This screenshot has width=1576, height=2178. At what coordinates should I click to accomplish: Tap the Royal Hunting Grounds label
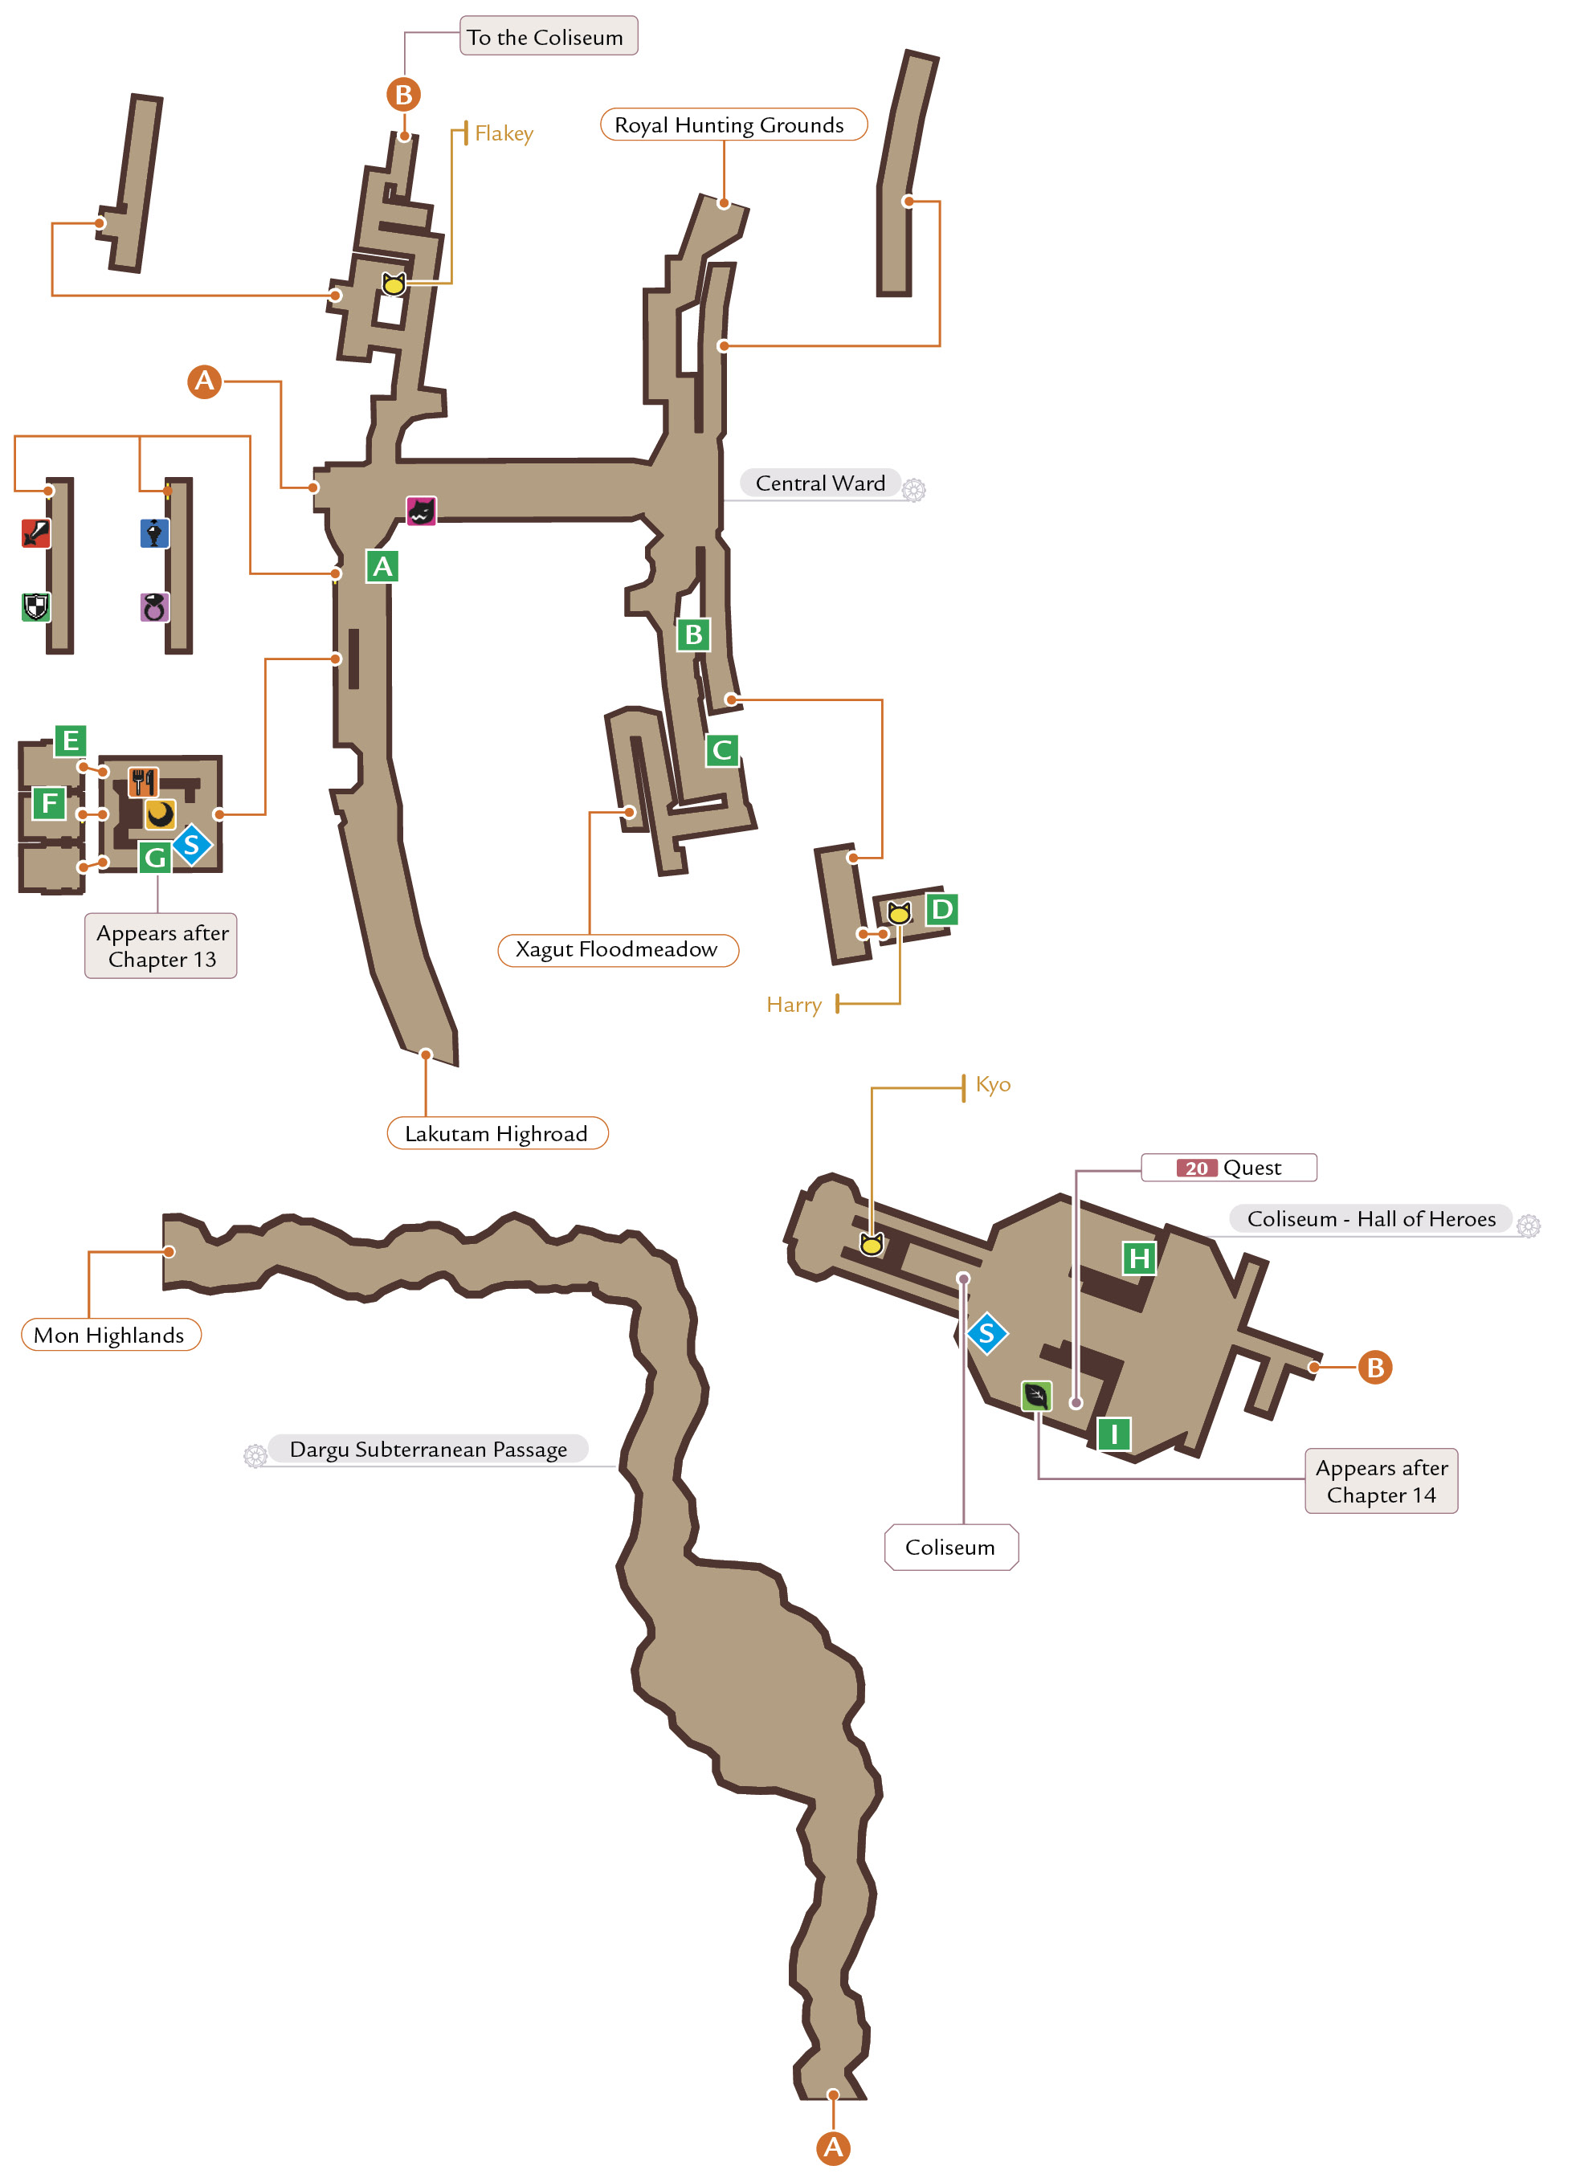[733, 124]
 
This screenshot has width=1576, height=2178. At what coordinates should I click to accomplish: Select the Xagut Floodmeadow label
[619, 951]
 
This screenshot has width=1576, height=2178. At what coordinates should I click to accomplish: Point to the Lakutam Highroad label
[497, 1134]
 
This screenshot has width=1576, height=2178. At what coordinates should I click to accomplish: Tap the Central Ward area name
[820, 484]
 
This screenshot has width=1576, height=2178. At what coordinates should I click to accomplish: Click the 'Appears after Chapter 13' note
[161, 947]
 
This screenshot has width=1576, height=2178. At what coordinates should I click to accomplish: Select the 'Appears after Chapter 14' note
[1382, 1482]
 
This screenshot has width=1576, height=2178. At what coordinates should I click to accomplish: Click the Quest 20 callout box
[1229, 1169]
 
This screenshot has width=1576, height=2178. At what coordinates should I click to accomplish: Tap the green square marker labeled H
[1139, 1258]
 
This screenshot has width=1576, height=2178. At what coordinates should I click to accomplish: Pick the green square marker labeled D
[942, 909]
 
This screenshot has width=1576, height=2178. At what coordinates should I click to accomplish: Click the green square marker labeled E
[70, 741]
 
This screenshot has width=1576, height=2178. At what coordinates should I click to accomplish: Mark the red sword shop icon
[35, 533]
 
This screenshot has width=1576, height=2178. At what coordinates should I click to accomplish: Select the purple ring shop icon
[154, 607]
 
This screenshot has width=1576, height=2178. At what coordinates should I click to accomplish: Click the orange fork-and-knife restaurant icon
[143, 783]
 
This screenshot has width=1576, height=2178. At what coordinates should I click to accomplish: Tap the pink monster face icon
[421, 511]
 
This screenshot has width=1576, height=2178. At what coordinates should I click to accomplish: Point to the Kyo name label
[993, 1085]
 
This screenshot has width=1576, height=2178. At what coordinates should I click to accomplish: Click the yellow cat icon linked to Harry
[899, 913]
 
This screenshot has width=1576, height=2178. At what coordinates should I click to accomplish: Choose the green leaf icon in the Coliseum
[1036, 1397]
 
